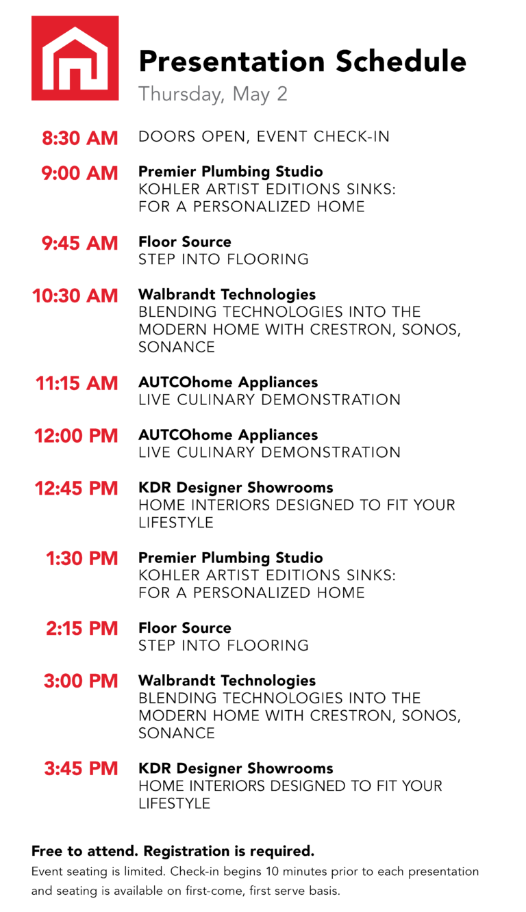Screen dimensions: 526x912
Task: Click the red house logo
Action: click(x=75, y=58)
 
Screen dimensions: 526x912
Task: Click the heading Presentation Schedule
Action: click(x=302, y=62)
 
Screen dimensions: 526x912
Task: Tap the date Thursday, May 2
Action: click(x=213, y=94)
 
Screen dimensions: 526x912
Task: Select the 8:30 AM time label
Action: click(x=80, y=138)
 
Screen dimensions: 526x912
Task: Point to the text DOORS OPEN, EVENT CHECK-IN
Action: click(x=264, y=137)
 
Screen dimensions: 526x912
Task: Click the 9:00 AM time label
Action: click(x=79, y=173)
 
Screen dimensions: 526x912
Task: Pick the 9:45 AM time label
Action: click(x=80, y=243)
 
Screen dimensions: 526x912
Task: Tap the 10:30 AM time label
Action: click(x=75, y=296)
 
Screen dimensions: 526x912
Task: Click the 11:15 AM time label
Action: click(x=77, y=384)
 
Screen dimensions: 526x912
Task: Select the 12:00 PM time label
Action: click(x=76, y=436)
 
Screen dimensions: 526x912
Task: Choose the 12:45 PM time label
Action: click(x=76, y=488)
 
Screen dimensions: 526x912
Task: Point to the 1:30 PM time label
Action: click(x=82, y=558)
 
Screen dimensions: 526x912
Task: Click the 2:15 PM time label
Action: click(x=82, y=629)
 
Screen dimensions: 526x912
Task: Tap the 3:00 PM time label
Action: click(x=81, y=681)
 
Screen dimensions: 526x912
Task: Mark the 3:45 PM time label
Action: click(x=81, y=769)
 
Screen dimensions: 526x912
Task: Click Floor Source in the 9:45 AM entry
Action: click(x=185, y=242)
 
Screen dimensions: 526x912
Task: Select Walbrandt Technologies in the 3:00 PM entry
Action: click(x=227, y=681)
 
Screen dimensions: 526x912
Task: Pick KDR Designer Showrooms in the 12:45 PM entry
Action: click(x=236, y=488)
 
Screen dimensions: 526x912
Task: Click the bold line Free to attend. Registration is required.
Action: click(x=173, y=851)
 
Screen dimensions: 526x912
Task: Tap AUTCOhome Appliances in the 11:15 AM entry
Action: click(x=228, y=382)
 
